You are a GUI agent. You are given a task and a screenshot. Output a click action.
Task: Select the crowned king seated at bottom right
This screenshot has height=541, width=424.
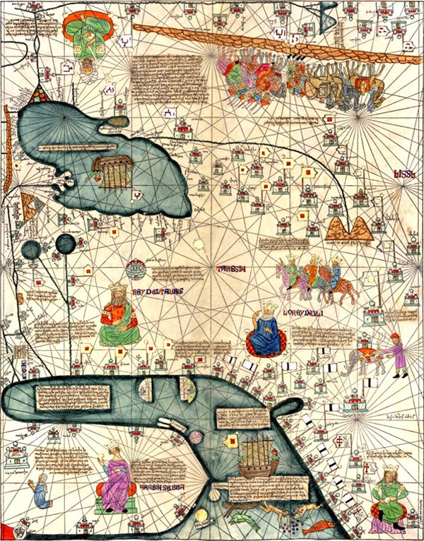pos(390,494)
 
